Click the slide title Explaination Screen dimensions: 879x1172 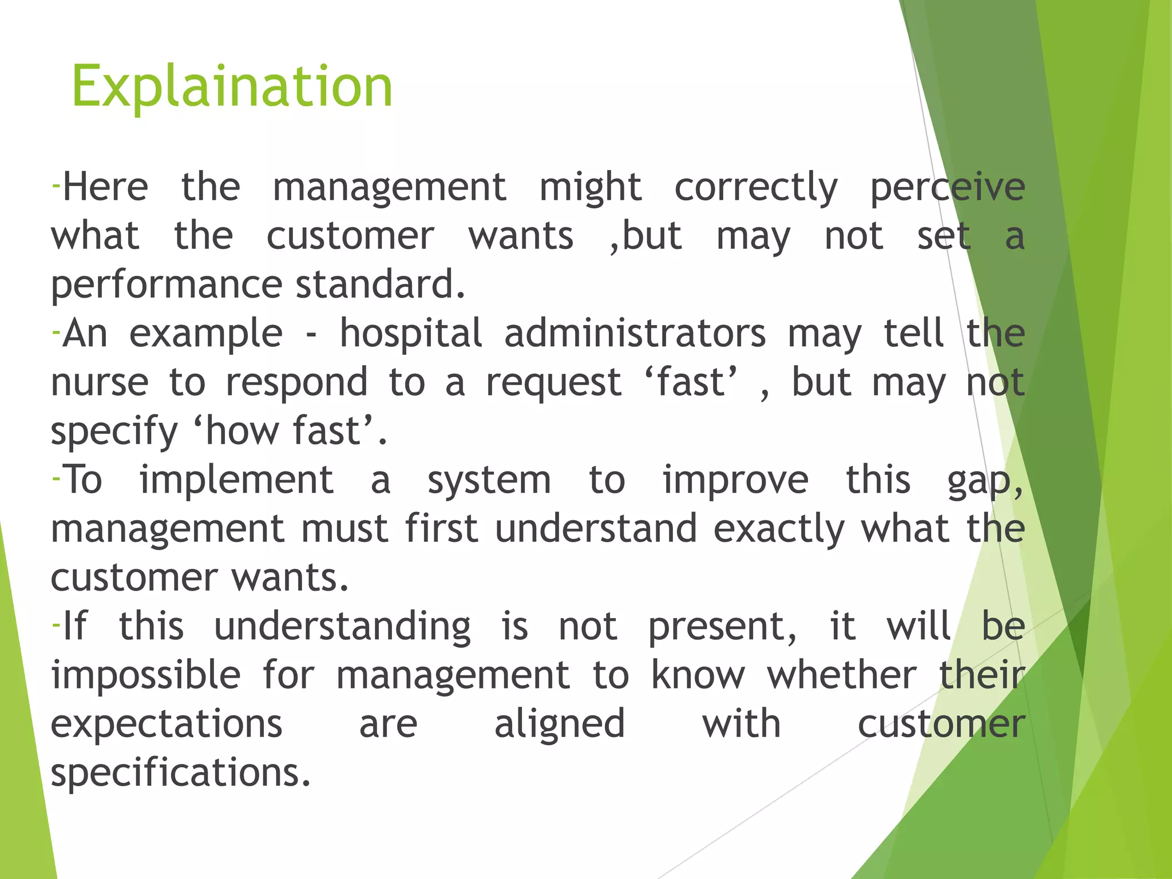pos(232,87)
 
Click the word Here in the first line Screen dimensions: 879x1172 pos(105,187)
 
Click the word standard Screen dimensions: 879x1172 pos(381,284)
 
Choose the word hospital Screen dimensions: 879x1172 pos(411,334)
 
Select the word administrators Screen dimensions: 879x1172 pos(635,334)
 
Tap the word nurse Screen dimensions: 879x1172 pos(100,383)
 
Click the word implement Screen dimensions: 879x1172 pos(236,481)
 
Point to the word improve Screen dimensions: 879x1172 pos(735,481)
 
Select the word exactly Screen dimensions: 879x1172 pos(779,530)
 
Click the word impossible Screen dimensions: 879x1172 pos(146,676)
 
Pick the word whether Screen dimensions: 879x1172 pos(842,676)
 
